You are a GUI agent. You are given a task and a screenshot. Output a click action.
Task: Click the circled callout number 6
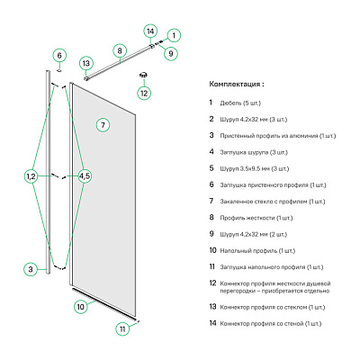pyautogui.click(x=59, y=55)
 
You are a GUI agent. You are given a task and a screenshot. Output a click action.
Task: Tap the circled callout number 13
pyautogui.click(x=86, y=63)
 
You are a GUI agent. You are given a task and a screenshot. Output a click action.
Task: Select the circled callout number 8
pyautogui.click(x=120, y=50)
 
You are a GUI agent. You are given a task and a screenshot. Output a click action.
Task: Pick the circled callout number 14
pyautogui.click(x=150, y=31)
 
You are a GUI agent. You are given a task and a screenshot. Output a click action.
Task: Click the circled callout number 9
pyautogui.click(x=171, y=54)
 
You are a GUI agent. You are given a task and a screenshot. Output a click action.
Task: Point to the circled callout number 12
pyautogui.click(x=144, y=94)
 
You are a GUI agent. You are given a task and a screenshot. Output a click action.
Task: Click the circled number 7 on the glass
pyautogui.click(x=103, y=125)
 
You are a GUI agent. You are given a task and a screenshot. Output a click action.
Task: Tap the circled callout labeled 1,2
pyautogui.click(x=31, y=176)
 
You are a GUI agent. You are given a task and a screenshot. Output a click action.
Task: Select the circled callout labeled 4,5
pyautogui.click(x=85, y=176)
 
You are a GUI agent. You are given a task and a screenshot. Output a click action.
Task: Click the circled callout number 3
pyautogui.click(x=31, y=269)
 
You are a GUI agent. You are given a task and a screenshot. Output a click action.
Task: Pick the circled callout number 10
pyautogui.click(x=81, y=307)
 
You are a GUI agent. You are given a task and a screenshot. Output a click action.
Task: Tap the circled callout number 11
pyautogui.click(x=122, y=329)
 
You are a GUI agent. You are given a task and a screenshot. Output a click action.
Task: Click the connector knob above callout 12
pyautogui.click(x=144, y=74)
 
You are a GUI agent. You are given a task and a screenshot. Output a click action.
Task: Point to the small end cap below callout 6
pyautogui.click(x=59, y=70)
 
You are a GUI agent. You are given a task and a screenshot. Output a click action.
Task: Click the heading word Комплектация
pyautogui.click(x=235, y=84)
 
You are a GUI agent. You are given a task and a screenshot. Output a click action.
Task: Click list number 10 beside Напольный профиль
pyautogui.click(x=212, y=250)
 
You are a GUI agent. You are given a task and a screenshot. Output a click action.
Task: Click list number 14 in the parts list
pyautogui.click(x=212, y=323)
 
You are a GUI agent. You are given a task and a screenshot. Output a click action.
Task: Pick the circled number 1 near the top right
pyautogui.click(x=174, y=35)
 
